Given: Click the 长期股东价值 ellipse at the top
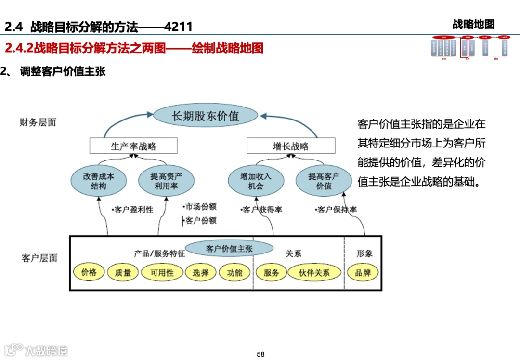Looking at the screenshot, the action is click(206, 116).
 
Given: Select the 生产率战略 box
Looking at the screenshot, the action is click(133, 146).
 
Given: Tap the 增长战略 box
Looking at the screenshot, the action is click(290, 146).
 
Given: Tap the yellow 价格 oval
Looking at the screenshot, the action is click(89, 272).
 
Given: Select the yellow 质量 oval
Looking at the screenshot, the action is click(123, 273).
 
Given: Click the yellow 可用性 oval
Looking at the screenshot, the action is click(162, 273).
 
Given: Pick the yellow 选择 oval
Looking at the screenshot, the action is click(201, 273).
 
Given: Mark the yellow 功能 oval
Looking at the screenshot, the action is click(234, 273).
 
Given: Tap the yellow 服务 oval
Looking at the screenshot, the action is click(271, 273).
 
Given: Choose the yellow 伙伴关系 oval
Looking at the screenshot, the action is click(314, 273).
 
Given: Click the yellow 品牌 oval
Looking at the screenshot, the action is click(363, 273).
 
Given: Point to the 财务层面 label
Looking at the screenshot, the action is click(38, 122).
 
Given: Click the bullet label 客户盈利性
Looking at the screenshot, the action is click(132, 210).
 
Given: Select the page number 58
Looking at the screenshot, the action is click(260, 354).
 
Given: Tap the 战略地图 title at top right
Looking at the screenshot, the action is click(473, 24).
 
